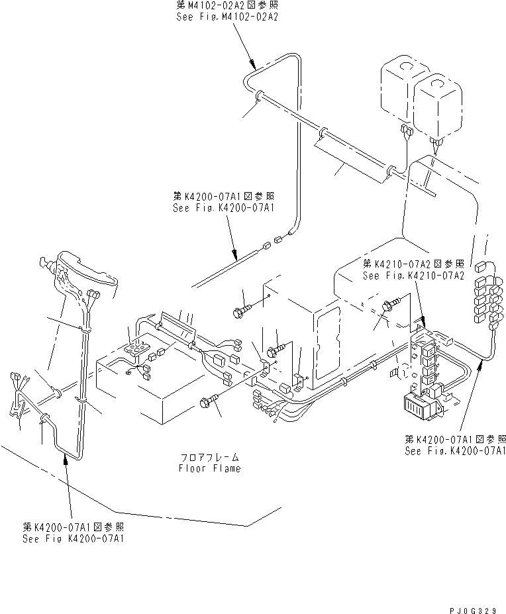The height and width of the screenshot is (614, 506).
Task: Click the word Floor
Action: tap(193, 468)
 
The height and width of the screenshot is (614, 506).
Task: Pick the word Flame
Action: tap(226, 468)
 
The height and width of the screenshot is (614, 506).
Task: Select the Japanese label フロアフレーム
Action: tap(209, 458)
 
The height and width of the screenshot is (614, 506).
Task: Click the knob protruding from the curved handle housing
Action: tap(47, 263)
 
